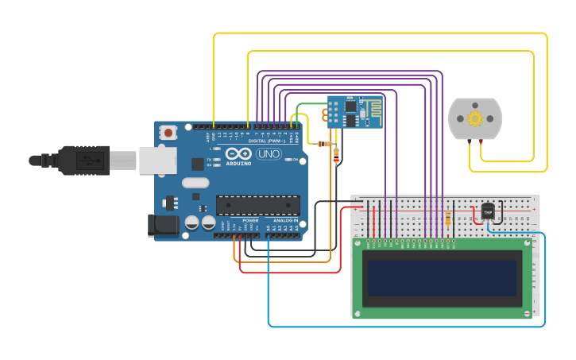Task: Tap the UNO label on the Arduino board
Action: click(x=268, y=153)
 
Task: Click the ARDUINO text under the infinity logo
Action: click(x=238, y=163)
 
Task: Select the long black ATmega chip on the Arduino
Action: click(x=258, y=204)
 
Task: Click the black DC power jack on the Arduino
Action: click(x=163, y=224)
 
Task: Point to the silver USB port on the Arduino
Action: click(x=157, y=161)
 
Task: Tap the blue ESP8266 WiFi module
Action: click(x=354, y=112)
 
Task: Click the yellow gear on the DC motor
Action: click(x=475, y=119)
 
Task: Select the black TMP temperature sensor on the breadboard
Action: click(x=487, y=211)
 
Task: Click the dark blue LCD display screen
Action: click(x=443, y=278)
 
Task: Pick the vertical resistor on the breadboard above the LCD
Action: click(x=450, y=218)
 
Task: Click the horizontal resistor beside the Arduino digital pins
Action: click(x=323, y=144)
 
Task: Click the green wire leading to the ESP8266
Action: click(x=310, y=104)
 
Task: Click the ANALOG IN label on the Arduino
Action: click(x=285, y=220)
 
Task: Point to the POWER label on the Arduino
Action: click(x=250, y=220)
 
